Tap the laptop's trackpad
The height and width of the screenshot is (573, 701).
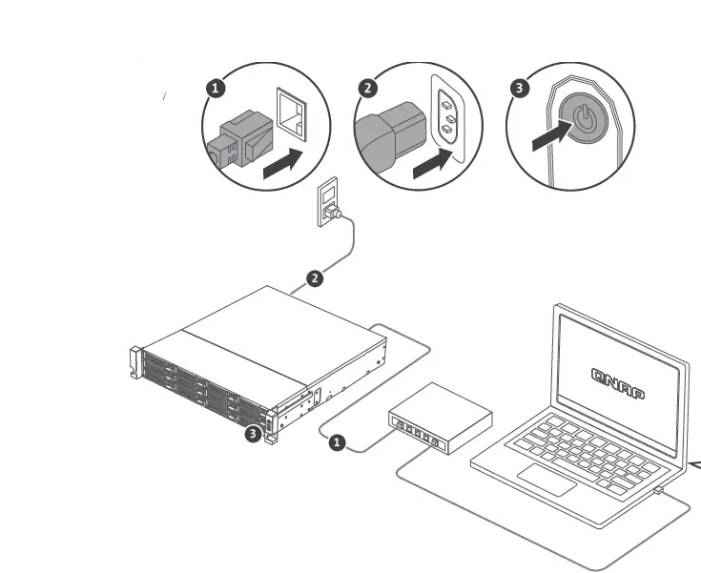(x=546, y=480)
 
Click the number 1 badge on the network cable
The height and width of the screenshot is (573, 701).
(x=336, y=443)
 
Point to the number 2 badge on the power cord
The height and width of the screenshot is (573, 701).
(x=314, y=278)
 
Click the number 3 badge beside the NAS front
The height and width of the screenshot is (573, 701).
(x=252, y=434)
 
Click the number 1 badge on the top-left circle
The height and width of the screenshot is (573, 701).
(x=216, y=88)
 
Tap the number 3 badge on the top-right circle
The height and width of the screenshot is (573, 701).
(x=519, y=88)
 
